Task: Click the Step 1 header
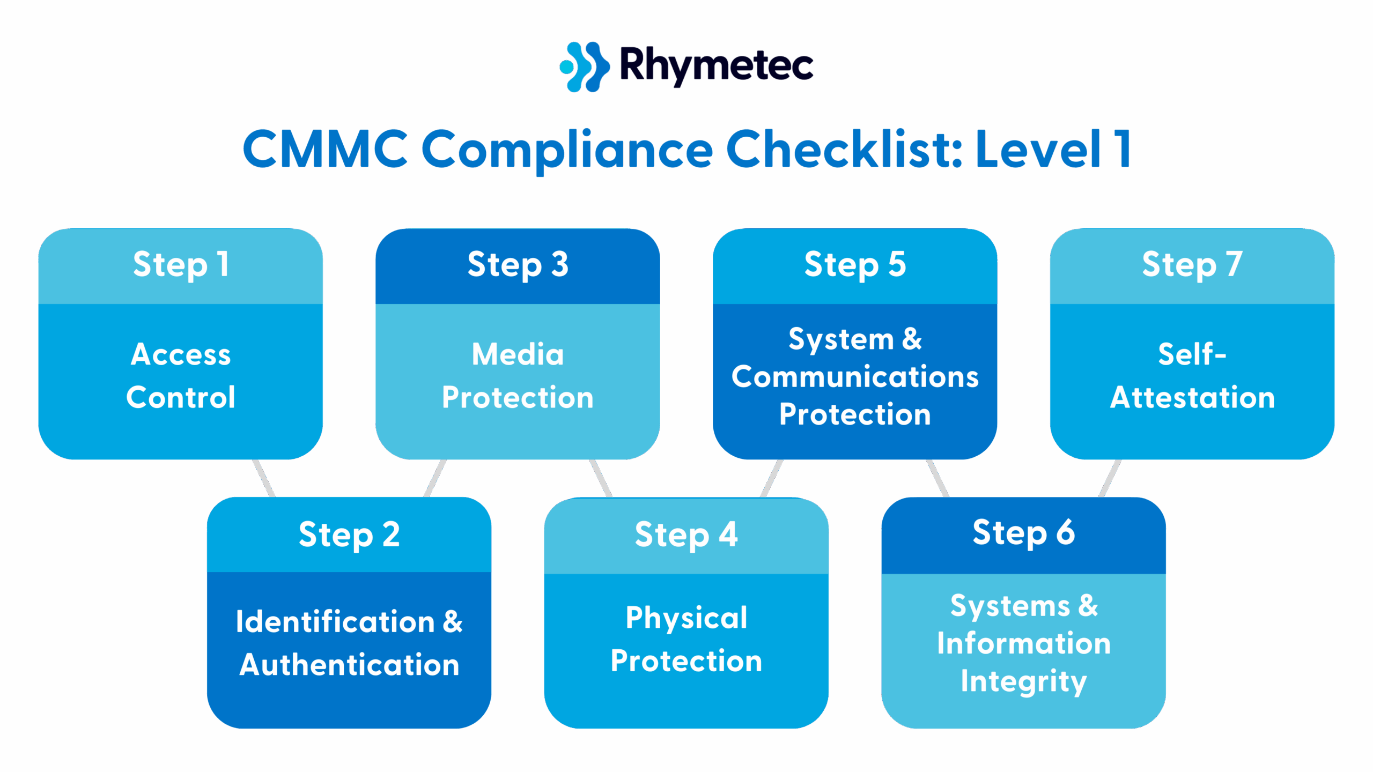point(181,265)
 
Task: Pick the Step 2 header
point(349,535)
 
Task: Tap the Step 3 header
point(518,265)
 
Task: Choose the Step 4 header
point(686,535)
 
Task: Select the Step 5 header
point(855,265)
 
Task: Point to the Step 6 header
point(1023,533)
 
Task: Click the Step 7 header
point(1192,265)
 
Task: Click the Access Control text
point(181,375)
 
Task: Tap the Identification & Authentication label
point(349,643)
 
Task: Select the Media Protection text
point(518,375)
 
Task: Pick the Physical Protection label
point(686,639)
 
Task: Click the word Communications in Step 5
point(855,377)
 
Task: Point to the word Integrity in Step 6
point(1023,681)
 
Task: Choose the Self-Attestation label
point(1192,375)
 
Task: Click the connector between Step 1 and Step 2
point(263,478)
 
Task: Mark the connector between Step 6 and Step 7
point(1110,478)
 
